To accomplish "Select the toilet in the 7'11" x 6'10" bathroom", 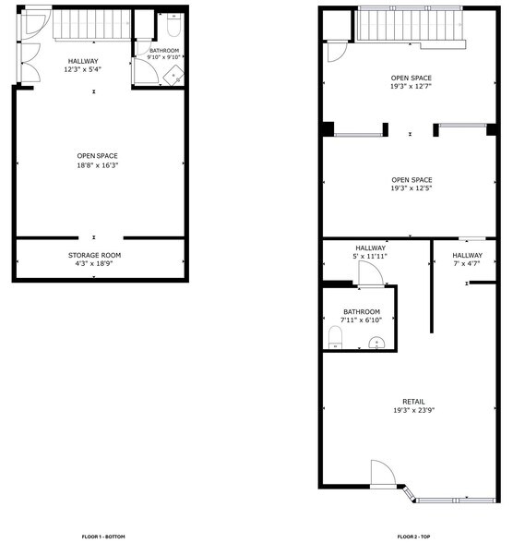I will tap(335, 337).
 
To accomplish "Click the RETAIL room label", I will tap(413, 401).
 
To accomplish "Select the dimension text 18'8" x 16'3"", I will tap(97, 165).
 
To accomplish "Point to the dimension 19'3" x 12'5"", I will tap(412, 189).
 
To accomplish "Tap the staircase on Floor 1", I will tap(92, 26).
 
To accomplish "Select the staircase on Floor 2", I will tap(410, 26).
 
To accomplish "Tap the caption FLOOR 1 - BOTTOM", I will tap(103, 537).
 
